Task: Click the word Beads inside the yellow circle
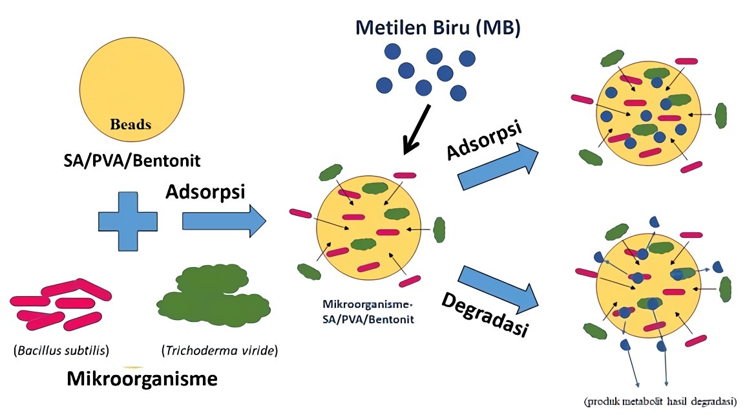point(131,124)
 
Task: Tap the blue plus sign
point(128,221)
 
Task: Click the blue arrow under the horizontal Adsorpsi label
point(224,221)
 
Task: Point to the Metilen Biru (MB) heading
point(437,28)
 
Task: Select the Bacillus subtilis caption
point(61,351)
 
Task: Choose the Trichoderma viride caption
point(219,351)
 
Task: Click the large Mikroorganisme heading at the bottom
point(142,379)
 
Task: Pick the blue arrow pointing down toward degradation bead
point(498,288)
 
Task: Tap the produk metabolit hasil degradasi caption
point(660,402)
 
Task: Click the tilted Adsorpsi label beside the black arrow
point(484,140)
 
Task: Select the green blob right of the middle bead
point(439,229)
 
